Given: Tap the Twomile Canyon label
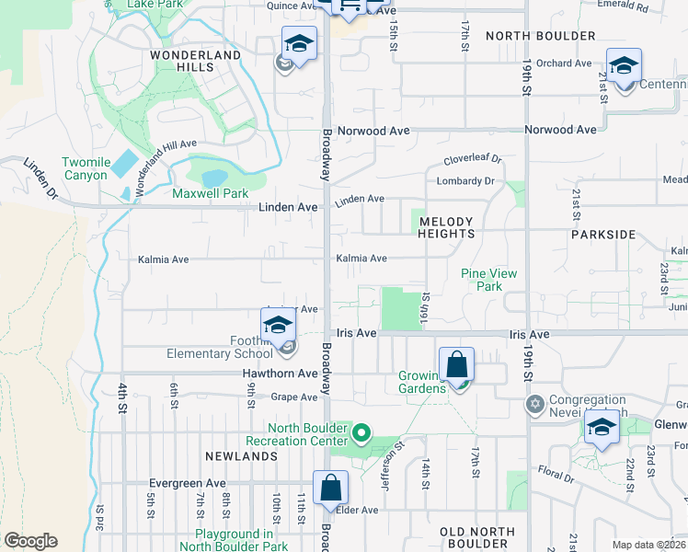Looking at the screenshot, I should [x=86, y=169].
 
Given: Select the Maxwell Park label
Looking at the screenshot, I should [x=211, y=193].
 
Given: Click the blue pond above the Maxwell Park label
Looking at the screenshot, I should [x=213, y=177].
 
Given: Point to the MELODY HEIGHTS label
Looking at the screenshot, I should [x=446, y=227].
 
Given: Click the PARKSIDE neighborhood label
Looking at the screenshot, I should [x=602, y=235].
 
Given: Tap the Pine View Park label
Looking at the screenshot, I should [x=488, y=280].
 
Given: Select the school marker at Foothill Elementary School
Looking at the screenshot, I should [x=278, y=327].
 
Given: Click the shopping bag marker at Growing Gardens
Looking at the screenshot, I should [x=456, y=365].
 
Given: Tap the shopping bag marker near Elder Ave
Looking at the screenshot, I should [x=330, y=489].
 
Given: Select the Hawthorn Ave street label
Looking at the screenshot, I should [x=280, y=374].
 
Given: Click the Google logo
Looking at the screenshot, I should [x=30, y=541].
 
